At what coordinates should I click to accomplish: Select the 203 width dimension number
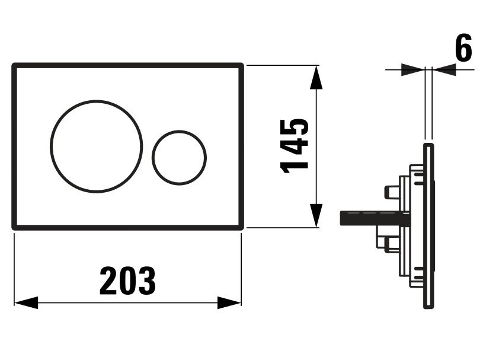tap(127, 281)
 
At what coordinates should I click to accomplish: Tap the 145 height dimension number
tap(294, 146)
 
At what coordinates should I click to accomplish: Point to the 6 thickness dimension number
tap(463, 47)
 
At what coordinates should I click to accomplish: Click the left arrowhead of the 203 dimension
tap(26, 302)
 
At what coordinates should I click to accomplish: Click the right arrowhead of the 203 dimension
tap(229, 302)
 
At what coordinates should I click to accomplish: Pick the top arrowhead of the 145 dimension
tap(316, 77)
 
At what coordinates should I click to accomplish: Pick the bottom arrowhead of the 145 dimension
tap(316, 216)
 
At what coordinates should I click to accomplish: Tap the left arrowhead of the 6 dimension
tap(413, 69)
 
